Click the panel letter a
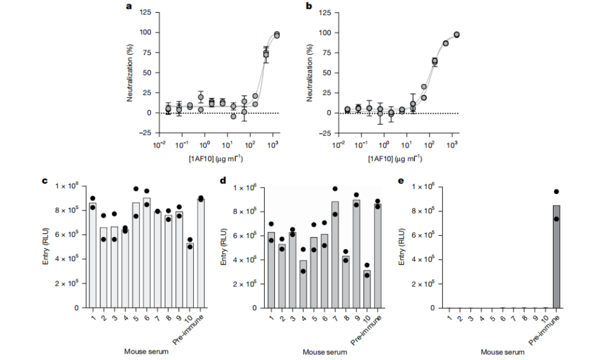coord(129,8)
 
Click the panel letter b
coord(308,8)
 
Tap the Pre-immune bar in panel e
coord(557,256)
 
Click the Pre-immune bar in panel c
coord(201,253)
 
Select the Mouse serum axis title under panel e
coord(502,352)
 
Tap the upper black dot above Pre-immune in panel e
coord(557,191)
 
